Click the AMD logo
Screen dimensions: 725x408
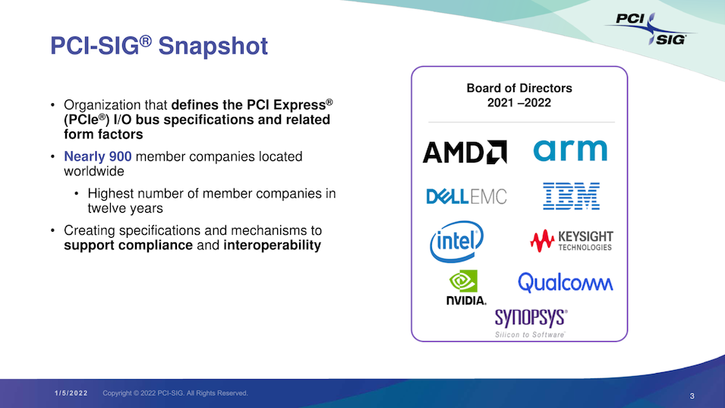pos(465,152)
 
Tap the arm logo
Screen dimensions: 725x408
pos(570,150)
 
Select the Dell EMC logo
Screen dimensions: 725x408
pos(466,197)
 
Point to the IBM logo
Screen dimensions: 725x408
pos(571,196)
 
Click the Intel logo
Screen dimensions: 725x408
pos(456,242)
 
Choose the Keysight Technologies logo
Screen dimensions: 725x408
pos(572,241)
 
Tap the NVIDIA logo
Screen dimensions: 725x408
pos(465,287)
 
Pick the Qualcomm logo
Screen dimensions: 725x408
pos(566,282)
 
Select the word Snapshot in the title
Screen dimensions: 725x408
pos(213,46)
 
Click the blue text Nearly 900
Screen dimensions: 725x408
pos(98,157)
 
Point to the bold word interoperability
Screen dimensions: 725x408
pos(272,245)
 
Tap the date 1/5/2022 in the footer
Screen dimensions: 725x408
pos(71,394)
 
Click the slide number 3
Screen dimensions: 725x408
pos(692,396)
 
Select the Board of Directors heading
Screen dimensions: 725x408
pos(519,88)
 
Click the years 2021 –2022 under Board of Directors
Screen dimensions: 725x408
pos(519,103)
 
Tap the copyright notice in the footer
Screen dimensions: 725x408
pos(175,394)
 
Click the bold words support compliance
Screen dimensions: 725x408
pos(128,245)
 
